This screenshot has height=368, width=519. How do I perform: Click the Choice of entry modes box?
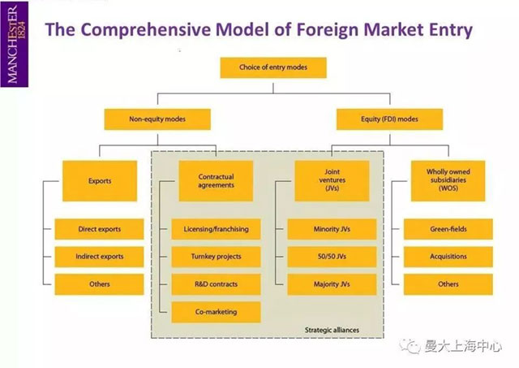pos(273,67)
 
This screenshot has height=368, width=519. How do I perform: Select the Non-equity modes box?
pos(157,119)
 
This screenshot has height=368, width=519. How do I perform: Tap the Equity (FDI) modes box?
pos(389,119)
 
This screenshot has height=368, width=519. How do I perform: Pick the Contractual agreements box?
pos(216,181)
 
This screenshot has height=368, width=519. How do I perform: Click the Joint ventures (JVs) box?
pos(332,181)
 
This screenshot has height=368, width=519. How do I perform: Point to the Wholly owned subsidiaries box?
pos(448,181)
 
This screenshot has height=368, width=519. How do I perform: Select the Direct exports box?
pos(99,229)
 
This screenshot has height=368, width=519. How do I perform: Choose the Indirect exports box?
pos(99,257)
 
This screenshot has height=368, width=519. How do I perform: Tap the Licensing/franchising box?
pos(216,229)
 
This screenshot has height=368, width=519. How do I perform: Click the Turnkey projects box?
pos(216,257)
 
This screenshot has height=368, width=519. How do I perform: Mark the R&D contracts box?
pos(216,284)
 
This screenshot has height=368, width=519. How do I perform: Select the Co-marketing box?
pos(216,312)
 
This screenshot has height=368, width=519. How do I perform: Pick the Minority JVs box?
pos(332,229)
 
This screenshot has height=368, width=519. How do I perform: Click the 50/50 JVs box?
pos(332,257)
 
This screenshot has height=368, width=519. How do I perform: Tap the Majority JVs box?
pos(332,284)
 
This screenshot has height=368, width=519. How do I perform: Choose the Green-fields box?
pos(448,229)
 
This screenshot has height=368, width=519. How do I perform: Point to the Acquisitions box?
pos(448,257)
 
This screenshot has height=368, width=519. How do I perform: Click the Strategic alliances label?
pos(332,330)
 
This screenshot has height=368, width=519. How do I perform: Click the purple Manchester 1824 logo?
pos(15,45)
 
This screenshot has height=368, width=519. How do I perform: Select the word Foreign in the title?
pos(327,30)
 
